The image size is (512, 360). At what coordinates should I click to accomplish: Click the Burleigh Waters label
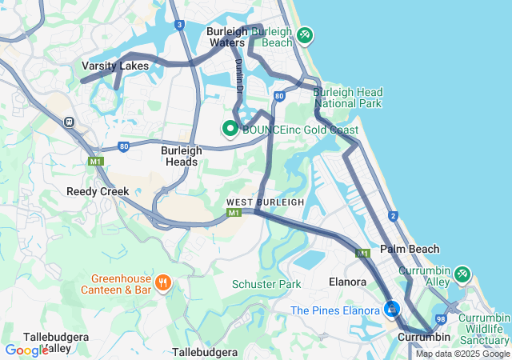click(x=226, y=37)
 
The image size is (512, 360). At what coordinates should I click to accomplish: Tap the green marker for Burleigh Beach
click(x=304, y=35)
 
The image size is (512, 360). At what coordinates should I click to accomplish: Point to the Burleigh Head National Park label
click(x=347, y=98)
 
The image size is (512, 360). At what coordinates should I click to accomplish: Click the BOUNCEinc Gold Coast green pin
click(x=230, y=128)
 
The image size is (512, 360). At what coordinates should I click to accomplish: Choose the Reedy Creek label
click(x=98, y=191)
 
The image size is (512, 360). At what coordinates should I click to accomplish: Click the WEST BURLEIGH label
click(x=265, y=202)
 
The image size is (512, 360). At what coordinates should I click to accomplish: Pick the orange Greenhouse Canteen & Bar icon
click(x=163, y=282)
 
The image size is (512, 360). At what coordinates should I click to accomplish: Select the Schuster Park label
click(x=266, y=284)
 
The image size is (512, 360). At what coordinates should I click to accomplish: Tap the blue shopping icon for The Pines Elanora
click(x=392, y=309)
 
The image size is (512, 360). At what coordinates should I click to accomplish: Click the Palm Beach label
click(x=410, y=249)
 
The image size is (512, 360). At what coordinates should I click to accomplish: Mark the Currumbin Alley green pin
click(x=462, y=274)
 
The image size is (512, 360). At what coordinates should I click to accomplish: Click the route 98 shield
click(x=441, y=319)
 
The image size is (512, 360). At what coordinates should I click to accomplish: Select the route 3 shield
click(x=179, y=25)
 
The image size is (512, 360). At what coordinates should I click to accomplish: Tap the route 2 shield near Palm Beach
click(x=393, y=216)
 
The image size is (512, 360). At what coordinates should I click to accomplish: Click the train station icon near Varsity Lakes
click(x=70, y=122)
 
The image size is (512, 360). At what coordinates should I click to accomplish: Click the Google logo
click(x=26, y=350)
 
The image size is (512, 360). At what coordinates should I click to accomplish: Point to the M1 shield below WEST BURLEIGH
click(x=234, y=214)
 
